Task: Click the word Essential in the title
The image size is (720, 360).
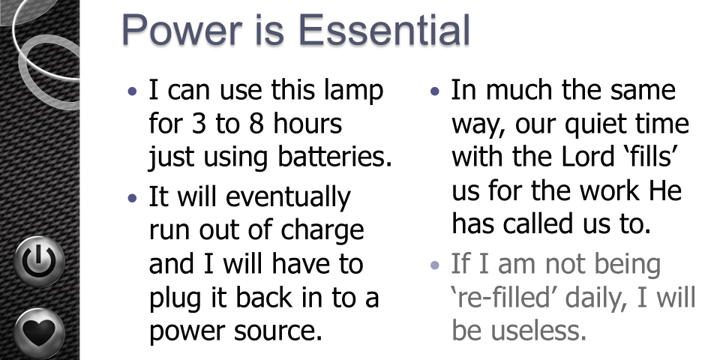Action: [385, 30]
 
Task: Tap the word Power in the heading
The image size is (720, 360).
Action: [181, 30]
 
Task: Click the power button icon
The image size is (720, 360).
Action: [39, 262]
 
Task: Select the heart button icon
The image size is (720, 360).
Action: [39, 332]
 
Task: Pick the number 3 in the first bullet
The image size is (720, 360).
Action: [198, 124]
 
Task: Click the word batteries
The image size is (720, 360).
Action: [334, 157]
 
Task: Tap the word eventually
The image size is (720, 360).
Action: [288, 198]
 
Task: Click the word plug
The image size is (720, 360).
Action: [175, 298]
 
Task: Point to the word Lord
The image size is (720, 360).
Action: [588, 157]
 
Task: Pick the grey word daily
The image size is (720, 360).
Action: [597, 298]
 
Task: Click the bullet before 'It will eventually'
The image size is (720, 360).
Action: [133, 198]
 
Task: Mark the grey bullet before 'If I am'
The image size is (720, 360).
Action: [435, 265]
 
